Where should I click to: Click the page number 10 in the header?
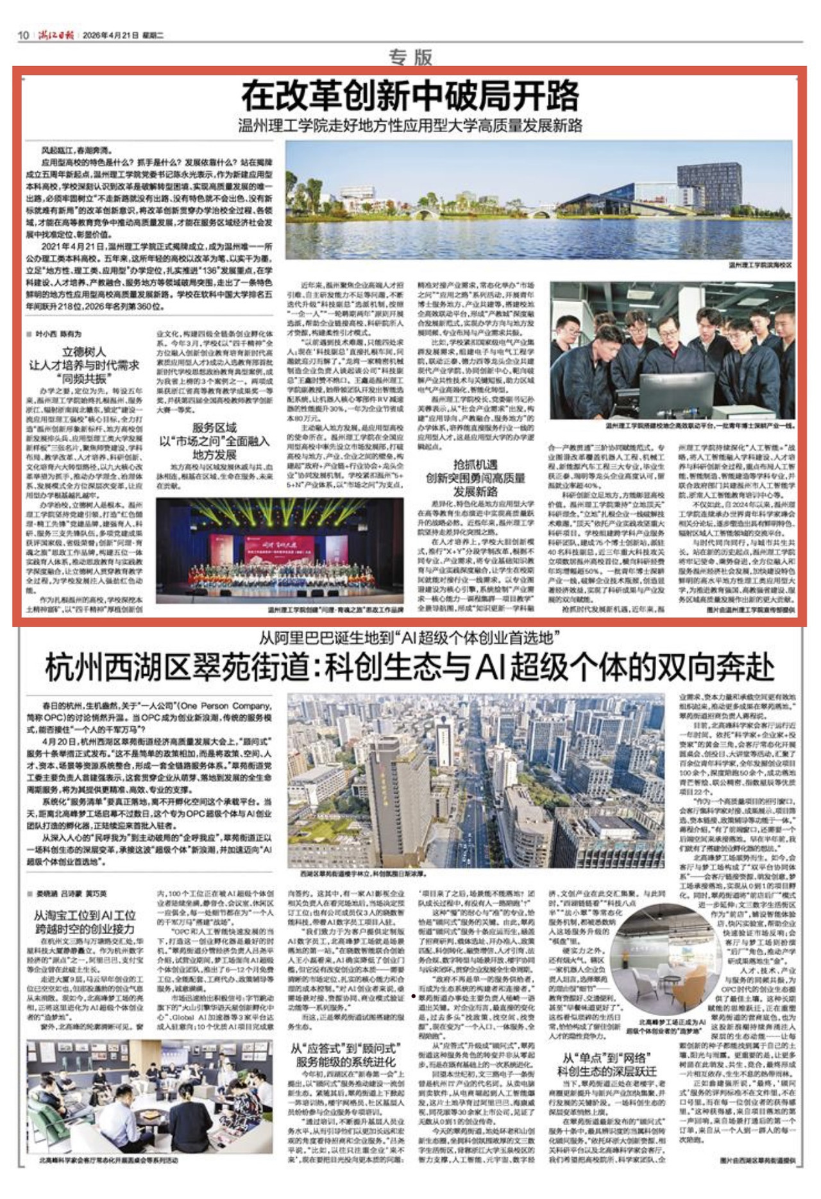pyautogui.click(x=23, y=35)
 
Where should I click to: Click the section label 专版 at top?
pyautogui.click(x=410, y=57)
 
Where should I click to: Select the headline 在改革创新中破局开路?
pyautogui.click(x=410, y=96)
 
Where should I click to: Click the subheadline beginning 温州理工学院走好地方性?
pyautogui.click(x=410, y=125)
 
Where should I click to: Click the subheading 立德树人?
pyautogui.click(x=84, y=352)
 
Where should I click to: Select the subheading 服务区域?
pyautogui.click(x=214, y=427)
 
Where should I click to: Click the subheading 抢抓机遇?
pyautogui.click(x=475, y=464)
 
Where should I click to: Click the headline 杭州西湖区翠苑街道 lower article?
pyautogui.click(x=410, y=667)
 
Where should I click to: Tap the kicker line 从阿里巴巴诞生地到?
pyautogui.click(x=410, y=638)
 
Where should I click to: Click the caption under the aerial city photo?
pyautogui.click(x=362, y=874)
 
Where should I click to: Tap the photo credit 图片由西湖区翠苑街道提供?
pyautogui.click(x=757, y=1160)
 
